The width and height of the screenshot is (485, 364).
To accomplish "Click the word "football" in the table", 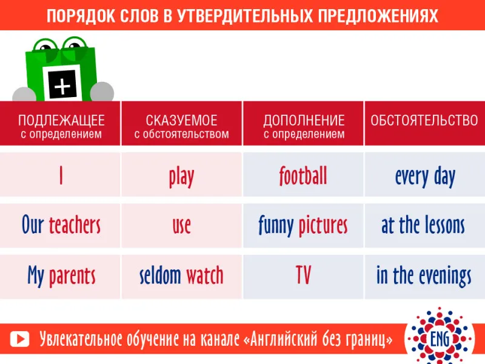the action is click(x=303, y=175).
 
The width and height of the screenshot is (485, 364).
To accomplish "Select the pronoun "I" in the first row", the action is click(x=61, y=175).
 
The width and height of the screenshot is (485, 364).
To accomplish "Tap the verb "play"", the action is click(x=181, y=177).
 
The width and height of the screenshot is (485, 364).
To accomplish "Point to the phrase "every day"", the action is click(x=425, y=177).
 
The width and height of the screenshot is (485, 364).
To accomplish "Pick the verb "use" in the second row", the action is click(x=181, y=226).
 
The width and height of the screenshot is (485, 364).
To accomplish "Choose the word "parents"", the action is click(x=72, y=276).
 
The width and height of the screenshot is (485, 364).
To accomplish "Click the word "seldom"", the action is click(x=160, y=275).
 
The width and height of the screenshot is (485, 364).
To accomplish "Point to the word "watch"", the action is click(x=204, y=275).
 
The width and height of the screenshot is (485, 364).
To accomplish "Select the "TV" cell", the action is click(x=303, y=275).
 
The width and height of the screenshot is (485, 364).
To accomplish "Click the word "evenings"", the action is click(x=445, y=276).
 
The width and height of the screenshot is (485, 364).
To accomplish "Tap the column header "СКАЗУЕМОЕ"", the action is click(x=181, y=120).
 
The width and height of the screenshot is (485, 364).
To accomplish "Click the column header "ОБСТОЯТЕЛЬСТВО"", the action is click(x=424, y=120).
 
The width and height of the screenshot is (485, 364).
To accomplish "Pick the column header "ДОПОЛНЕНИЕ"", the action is click(x=304, y=120).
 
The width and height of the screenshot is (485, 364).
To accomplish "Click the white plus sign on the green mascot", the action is click(x=62, y=86).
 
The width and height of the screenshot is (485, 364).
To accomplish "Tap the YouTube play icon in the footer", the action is click(x=19, y=339).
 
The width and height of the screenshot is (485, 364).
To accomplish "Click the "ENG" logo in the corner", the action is click(x=440, y=339).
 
